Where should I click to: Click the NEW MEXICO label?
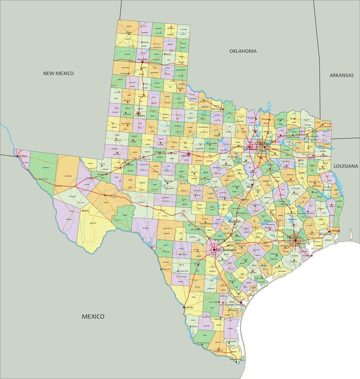pos(58,73)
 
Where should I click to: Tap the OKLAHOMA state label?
pos(243,51)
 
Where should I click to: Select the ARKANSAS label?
pos(341,75)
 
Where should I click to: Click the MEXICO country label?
pos(93,316)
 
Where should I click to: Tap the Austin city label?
pos(234,221)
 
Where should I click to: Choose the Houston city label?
pos(295,236)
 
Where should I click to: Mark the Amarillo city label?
pos(142,59)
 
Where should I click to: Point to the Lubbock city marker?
pos(138,113)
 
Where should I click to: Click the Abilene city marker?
pos(189,154)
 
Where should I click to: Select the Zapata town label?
pos(194,326)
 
